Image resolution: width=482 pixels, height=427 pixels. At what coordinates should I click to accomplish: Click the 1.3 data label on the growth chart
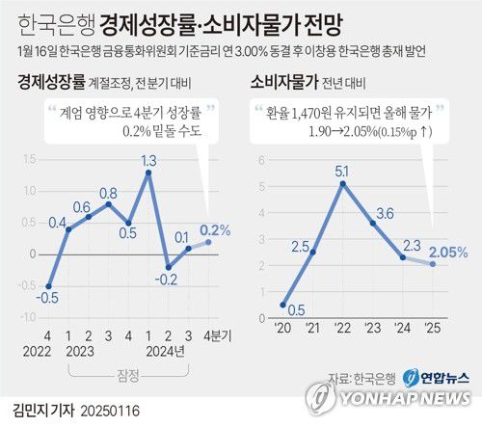[148, 159]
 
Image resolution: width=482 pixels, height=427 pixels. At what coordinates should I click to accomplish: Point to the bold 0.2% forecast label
[215, 229]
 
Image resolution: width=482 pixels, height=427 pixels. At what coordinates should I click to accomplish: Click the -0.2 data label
[168, 280]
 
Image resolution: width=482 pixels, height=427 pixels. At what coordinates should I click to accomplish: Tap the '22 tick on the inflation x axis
[341, 328]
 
